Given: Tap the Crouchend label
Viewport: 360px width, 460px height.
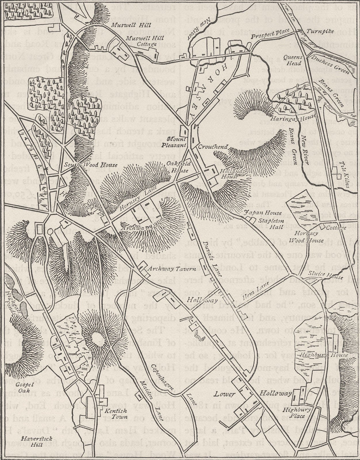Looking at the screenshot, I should tap(213, 147).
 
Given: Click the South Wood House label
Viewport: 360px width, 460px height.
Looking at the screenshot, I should tap(91, 165).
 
